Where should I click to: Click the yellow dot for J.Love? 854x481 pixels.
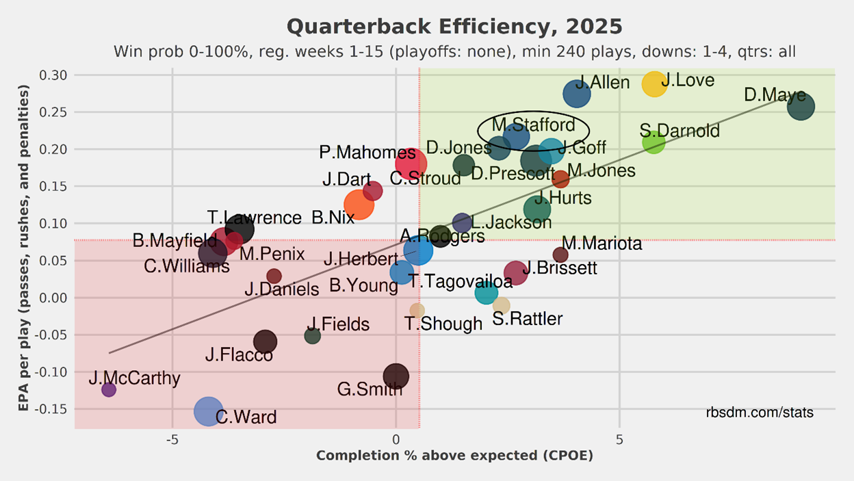pos(654,84)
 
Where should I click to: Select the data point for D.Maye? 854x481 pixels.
pos(801,106)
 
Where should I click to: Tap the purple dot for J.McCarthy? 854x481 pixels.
pos(109,389)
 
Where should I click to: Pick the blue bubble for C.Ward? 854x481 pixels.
pos(209,411)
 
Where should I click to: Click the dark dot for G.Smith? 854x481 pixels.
pos(396,376)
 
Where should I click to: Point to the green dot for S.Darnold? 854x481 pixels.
pos(654,143)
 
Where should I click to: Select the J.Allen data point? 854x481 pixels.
pos(577,94)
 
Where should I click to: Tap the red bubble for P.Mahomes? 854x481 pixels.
pos(411,164)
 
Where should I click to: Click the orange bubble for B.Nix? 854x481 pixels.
pos(359,204)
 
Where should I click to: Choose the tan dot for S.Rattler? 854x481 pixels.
pos(502,305)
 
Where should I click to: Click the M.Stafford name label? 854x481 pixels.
pos(533,125)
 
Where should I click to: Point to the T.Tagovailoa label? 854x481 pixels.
pos(450,280)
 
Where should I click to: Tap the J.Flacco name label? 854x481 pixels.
pos(239,355)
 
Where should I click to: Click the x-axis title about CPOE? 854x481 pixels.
pos(454,456)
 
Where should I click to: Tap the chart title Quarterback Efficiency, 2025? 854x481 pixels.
pos(454,27)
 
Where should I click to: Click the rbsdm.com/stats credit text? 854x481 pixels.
pos(760,413)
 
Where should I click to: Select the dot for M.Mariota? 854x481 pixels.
pos(560,255)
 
